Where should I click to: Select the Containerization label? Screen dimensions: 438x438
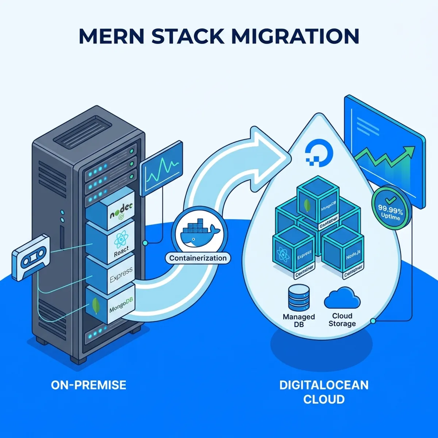coord(198,258)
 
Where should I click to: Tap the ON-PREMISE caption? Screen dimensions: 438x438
coord(89,385)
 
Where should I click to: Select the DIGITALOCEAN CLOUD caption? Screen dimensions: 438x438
coord(324,392)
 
